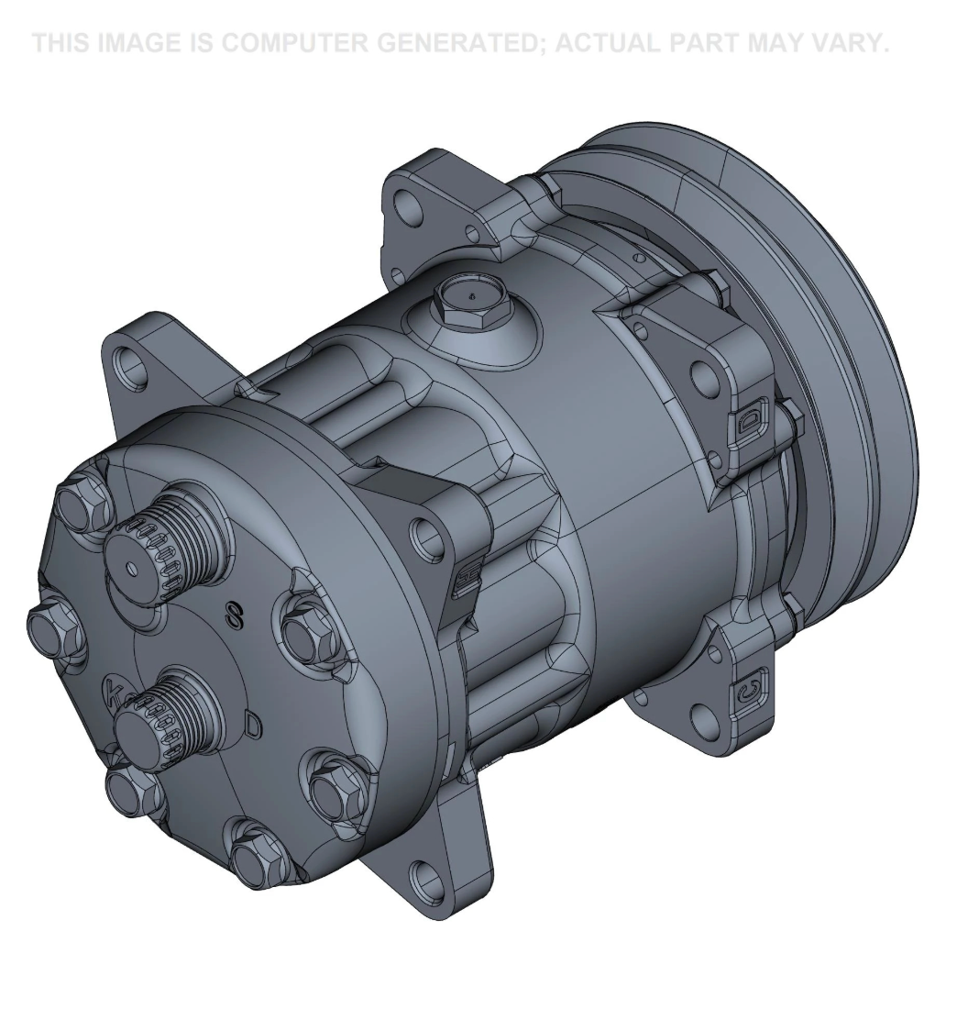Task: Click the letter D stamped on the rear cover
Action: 254,725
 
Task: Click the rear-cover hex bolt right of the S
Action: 307,631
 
